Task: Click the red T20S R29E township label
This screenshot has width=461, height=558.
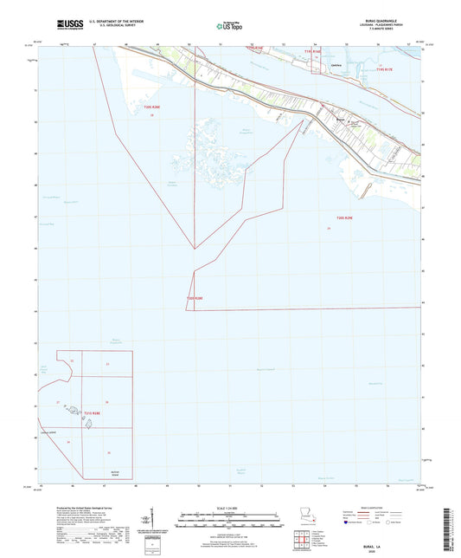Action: pyautogui.click(x=344, y=218)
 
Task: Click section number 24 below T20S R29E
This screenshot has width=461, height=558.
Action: pyautogui.click(x=329, y=228)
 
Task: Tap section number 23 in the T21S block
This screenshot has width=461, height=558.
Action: pyautogui.click(x=107, y=364)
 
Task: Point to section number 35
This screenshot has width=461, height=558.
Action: pyautogui.click(x=109, y=453)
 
